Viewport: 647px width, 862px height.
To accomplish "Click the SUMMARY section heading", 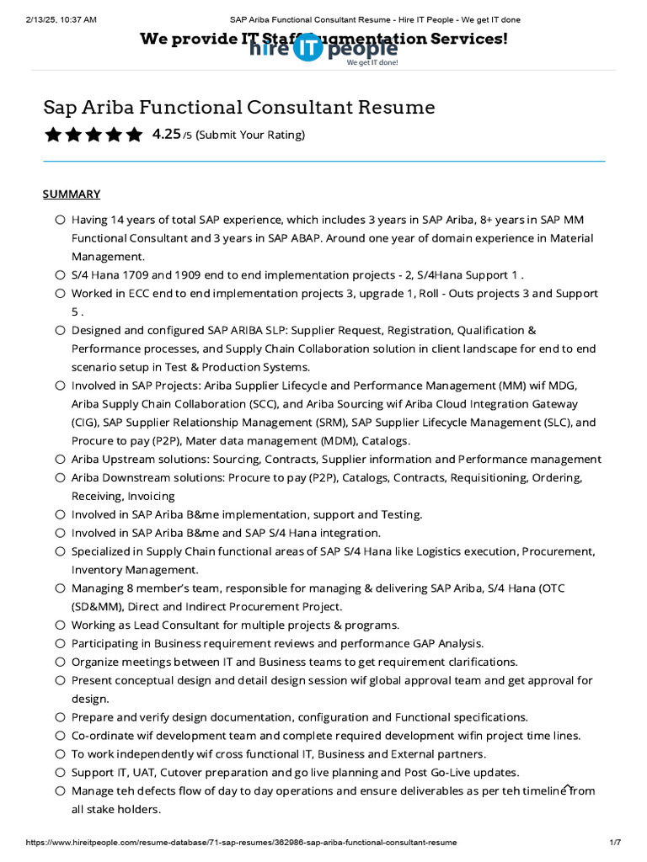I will pos(72,194).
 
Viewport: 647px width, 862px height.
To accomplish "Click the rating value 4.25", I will pos(166,134).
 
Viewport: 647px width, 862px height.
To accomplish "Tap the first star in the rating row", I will pos(53,135).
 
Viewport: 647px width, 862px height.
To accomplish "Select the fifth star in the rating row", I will pos(134,135).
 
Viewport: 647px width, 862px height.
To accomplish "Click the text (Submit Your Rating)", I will pos(250,135).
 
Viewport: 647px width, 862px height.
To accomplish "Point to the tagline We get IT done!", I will pos(372,62).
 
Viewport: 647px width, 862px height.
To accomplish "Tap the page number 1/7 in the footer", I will pos(614,842).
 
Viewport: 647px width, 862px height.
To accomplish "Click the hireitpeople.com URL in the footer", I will pos(241,842).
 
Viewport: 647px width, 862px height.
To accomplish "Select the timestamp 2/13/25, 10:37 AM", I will pos(61,19).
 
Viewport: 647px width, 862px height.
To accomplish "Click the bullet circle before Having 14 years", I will pos(60,220).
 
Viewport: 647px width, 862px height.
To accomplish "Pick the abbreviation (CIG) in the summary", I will pos(85,423).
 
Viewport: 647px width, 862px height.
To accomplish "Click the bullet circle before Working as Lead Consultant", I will pos(60,625).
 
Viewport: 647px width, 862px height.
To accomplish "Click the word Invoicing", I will pos(152,497).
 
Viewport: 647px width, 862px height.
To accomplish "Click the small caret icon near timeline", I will pos(569,787).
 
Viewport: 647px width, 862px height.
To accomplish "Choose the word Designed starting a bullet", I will pos(97,330).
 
